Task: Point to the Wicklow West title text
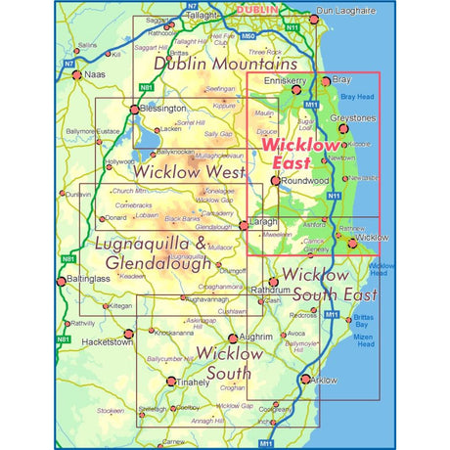pyautogui.click(x=190, y=172)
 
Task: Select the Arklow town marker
pyautogui.click(x=305, y=380)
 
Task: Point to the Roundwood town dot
pyautogui.click(x=277, y=181)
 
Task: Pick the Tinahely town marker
pyautogui.click(x=171, y=381)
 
